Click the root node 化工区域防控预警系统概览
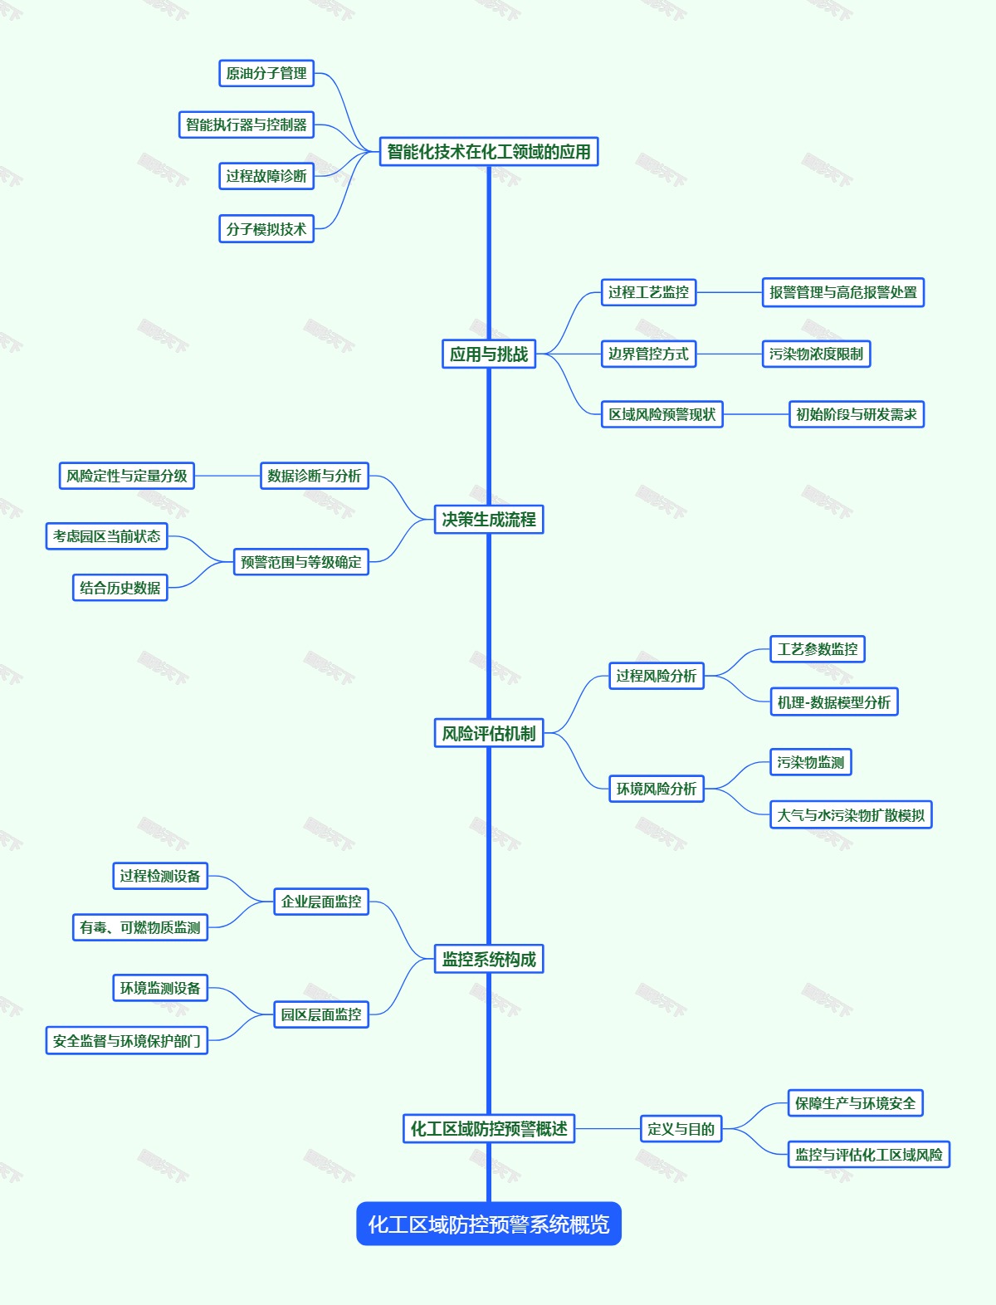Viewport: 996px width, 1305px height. tap(488, 1224)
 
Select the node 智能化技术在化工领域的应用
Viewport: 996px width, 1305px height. tap(488, 152)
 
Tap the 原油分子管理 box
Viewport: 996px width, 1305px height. tap(266, 73)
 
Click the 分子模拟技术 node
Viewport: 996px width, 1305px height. tap(266, 229)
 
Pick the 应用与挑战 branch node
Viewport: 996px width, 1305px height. tap(488, 354)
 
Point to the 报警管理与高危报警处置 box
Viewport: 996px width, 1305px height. tap(842, 292)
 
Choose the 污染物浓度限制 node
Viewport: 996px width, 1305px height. tap(816, 354)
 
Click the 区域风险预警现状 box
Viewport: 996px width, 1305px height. tap(662, 414)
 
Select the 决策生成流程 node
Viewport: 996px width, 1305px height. tap(488, 520)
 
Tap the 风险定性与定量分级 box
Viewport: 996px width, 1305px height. tap(126, 476)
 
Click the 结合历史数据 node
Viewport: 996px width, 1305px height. tap(120, 588)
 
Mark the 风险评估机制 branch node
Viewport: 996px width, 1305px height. tap(488, 734)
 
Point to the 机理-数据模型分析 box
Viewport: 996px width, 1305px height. tap(833, 702)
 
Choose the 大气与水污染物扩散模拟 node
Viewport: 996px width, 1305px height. tap(850, 815)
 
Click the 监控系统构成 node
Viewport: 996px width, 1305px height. tap(488, 960)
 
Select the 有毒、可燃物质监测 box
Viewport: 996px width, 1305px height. tap(139, 927)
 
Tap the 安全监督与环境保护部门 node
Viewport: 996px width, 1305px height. tap(126, 1041)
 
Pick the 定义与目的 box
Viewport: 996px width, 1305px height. tap(681, 1129)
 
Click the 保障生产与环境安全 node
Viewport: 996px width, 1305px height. tap(855, 1103)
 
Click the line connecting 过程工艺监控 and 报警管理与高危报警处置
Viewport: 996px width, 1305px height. tap(729, 292)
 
